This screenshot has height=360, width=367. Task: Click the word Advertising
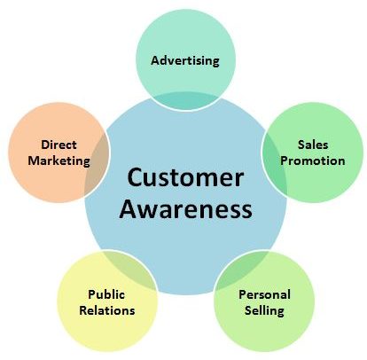(185, 61)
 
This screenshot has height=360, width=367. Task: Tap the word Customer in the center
(185, 177)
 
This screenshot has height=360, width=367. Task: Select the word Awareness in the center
(185, 208)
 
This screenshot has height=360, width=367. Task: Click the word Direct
(59, 145)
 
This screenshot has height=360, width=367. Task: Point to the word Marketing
(59, 161)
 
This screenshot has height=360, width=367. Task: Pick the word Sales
(313, 145)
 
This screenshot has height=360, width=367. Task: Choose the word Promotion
(313, 160)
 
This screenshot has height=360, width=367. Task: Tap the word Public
(106, 294)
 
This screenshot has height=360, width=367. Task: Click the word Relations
(107, 310)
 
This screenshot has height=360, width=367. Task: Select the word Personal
(265, 294)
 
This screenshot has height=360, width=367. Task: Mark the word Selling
(265, 311)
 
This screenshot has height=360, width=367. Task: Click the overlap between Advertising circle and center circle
(185, 101)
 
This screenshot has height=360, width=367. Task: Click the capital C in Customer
(135, 177)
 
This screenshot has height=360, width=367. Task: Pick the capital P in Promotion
(285, 160)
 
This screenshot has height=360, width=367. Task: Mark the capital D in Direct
(45, 145)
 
